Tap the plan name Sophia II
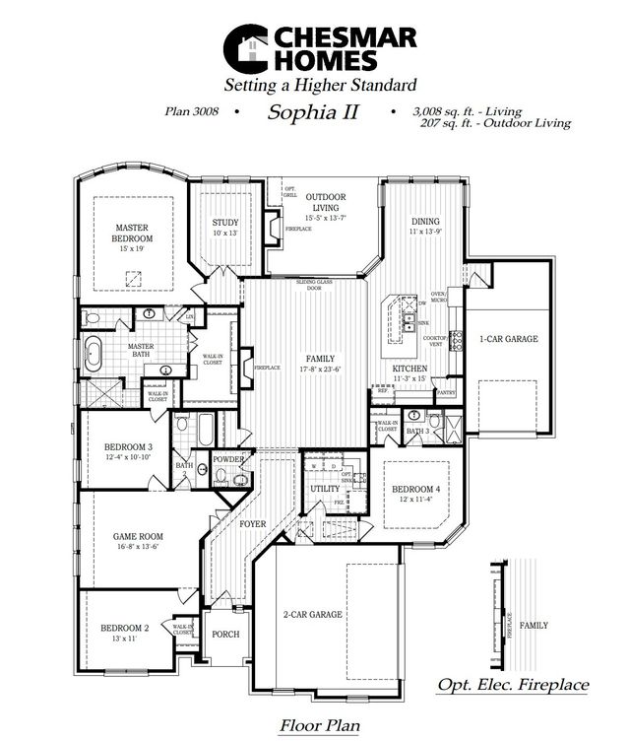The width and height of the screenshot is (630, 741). pyautogui.click(x=312, y=112)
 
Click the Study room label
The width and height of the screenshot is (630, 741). pyautogui.click(x=225, y=223)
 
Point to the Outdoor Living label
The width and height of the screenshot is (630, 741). pyautogui.click(x=322, y=203)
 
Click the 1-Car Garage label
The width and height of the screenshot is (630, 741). pyautogui.click(x=508, y=339)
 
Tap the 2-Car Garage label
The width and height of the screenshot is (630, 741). pyautogui.click(x=312, y=614)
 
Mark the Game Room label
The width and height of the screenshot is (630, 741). pyautogui.click(x=137, y=537)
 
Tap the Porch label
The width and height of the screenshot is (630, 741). pyautogui.click(x=226, y=634)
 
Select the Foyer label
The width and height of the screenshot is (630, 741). pyautogui.click(x=253, y=524)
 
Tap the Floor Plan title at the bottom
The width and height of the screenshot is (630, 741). pyautogui.click(x=319, y=726)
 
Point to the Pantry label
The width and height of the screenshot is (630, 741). pyautogui.click(x=445, y=392)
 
